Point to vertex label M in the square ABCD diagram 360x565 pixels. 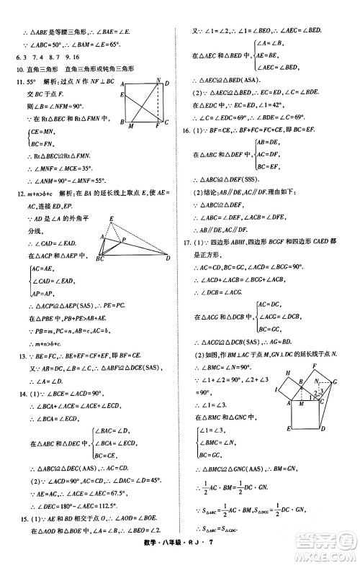130,128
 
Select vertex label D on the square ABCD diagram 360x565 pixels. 167,84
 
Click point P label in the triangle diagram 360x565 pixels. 125,241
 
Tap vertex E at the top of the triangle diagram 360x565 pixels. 111,218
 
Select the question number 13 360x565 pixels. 11,356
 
